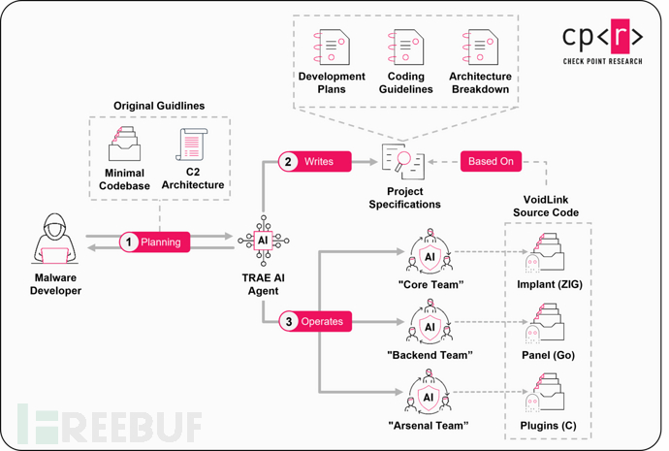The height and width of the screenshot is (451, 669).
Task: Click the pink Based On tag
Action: click(x=491, y=161)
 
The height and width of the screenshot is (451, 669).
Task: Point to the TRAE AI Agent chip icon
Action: click(x=263, y=241)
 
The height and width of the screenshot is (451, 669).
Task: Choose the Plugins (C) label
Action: click(x=550, y=426)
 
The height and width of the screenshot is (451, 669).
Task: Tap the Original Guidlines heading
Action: click(x=159, y=104)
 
